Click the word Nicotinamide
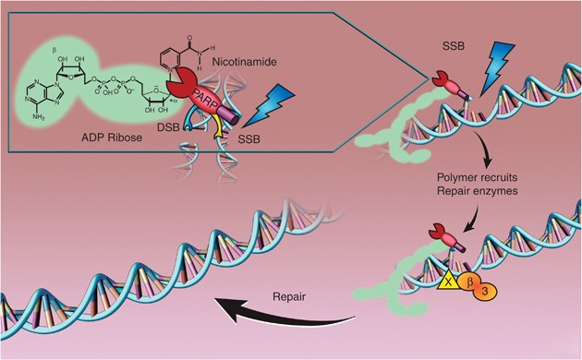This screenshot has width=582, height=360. pyautogui.click(x=244, y=62)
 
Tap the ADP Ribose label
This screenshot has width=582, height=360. pyautogui.click(x=112, y=138)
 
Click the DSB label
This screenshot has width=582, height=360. pyautogui.click(x=168, y=127)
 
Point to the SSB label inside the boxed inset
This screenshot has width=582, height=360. pyautogui.click(x=249, y=139)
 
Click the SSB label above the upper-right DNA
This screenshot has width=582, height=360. pyautogui.click(x=454, y=46)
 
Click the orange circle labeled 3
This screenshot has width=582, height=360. pyautogui.click(x=485, y=291)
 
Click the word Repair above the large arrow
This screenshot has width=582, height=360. pyautogui.click(x=289, y=297)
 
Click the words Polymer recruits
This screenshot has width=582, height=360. pyautogui.click(x=477, y=177)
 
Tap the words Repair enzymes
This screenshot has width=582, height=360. pyautogui.click(x=477, y=191)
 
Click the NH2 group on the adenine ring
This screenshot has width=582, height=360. pyautogui.click(x=38, y=117)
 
